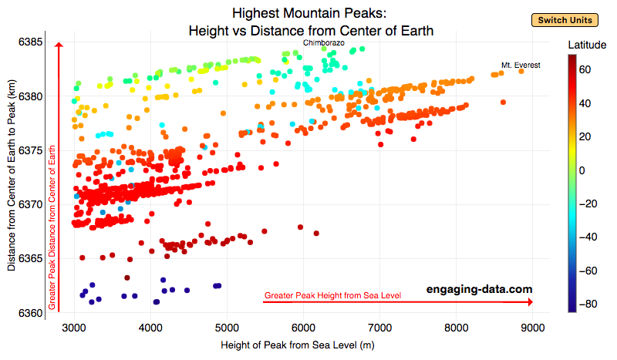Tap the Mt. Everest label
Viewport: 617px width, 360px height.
(521, 66)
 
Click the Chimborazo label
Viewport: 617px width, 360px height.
(323, 42)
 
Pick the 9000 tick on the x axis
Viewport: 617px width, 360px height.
(532, 328)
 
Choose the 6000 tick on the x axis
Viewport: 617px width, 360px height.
(303, 328)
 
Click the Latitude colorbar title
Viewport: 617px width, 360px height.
(586, 46)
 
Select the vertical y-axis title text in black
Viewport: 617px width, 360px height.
(12, 177)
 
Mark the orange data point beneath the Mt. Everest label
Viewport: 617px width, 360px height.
(521, 71)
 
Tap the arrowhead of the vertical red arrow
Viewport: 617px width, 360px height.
(58, 45)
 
